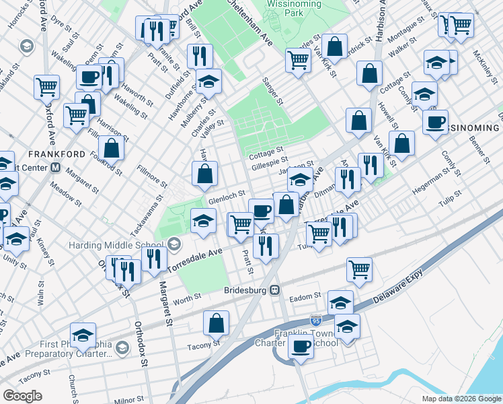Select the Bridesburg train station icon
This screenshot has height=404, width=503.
275,290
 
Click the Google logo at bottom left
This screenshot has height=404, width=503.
22,396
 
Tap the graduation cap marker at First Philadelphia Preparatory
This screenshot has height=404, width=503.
83,335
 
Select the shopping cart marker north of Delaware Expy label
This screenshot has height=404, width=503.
360,269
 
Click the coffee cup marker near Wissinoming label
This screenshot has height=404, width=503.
435,122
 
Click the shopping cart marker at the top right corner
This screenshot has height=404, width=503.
460,25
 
